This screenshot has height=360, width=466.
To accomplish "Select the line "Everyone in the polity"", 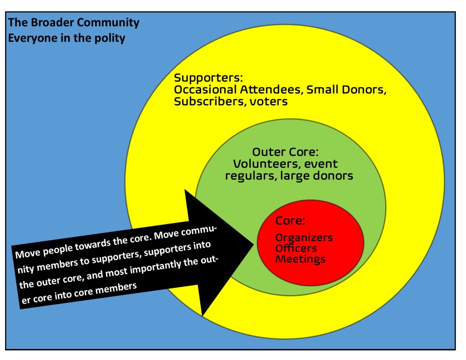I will tap(66, 38).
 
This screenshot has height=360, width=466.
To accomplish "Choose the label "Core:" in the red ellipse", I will tap(290, 221).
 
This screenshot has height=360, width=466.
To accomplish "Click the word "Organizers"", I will tap(304, 238).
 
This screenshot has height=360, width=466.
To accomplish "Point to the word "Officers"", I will tap(296, 248).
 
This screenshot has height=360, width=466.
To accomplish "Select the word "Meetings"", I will tap(300, 259).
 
